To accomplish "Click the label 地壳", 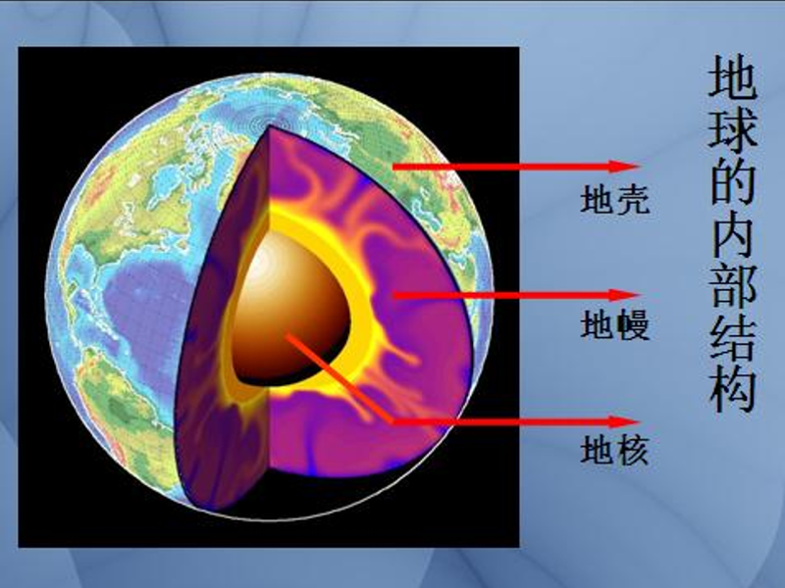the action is [615, 200].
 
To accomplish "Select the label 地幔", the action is [615, 325].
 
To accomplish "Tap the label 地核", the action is [615, 451].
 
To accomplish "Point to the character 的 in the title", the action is [732, 181].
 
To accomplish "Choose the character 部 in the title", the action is [732, 286].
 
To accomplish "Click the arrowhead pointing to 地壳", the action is [625, 167].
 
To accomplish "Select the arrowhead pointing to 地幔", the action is [625, 295].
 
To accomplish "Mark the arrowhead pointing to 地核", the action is [625, 422].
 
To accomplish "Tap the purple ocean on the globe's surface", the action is [145, 310].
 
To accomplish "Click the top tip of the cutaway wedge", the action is [270, 126].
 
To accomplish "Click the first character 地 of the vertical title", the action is [732, 76].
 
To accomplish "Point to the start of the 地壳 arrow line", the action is [393, 167].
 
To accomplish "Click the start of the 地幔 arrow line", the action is [393, 296].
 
